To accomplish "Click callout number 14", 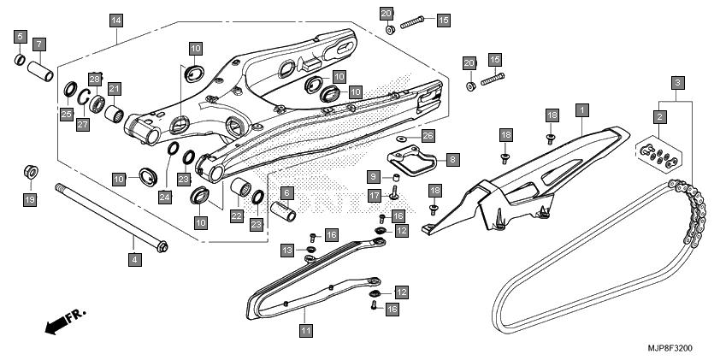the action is pos(116,21).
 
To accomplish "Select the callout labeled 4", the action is pos(134,259).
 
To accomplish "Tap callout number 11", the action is pos(306,330).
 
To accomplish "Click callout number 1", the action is pos(582,110).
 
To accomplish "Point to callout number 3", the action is pos(678,84).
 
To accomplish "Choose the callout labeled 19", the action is pos(30,200).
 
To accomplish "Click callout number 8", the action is pos(452,160).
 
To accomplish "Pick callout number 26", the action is pos(428,136).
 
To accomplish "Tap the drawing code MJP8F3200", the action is pos(670,349).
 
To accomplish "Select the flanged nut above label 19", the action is pos(31,172).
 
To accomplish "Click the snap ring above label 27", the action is pos(83,97).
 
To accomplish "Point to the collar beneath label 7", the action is pos(40,71).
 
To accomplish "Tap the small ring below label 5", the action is pos(20,59).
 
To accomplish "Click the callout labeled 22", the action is pos(237,215).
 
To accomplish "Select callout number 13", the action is pos(287,251).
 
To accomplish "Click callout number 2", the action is pos(660,117).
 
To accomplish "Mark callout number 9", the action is pos(374,176).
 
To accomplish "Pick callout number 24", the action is pos(165,198).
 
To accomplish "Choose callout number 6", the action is pos(287,193).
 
